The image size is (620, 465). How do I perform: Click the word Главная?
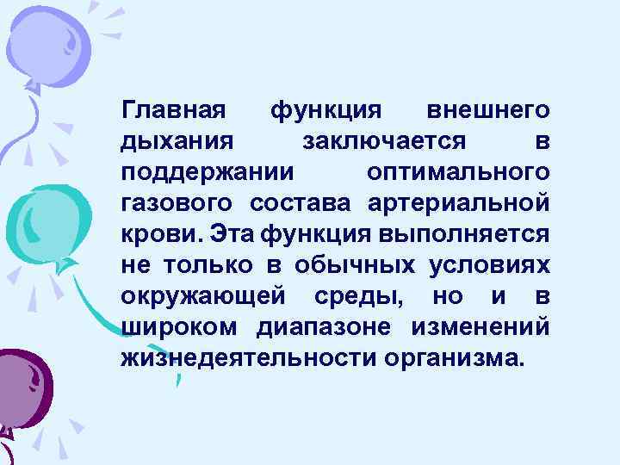point(173,111)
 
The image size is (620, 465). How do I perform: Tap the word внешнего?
point(488,111)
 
